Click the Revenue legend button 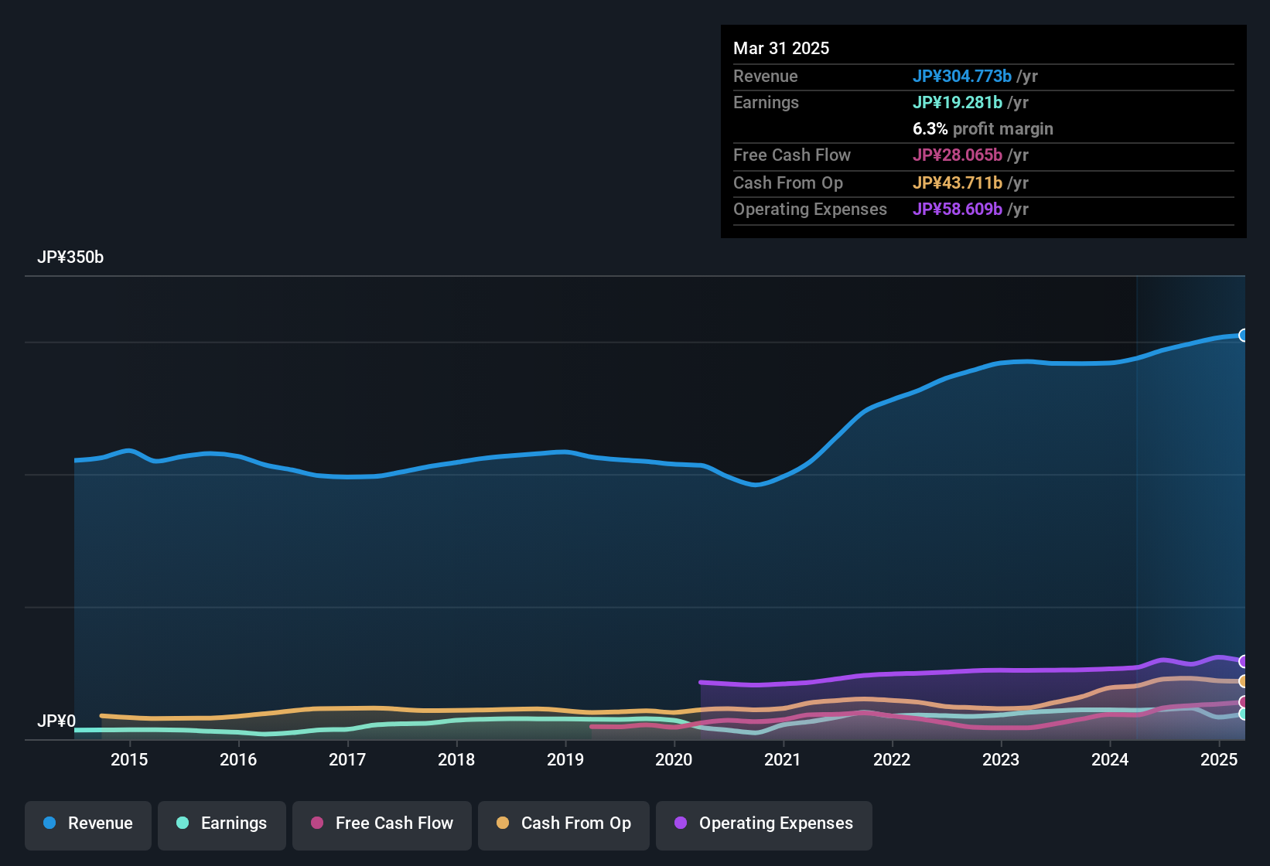click(88, 823)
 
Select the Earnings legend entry click(222, 823)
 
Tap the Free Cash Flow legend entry click(382, 823)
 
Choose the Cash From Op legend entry click(564, 823)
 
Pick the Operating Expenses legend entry click(763, 823)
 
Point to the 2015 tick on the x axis click(129, 759)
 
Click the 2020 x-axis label click(674, 759)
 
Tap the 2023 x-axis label click(1001, 759)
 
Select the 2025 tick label click(1219, 759)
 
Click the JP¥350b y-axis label click(70, 257)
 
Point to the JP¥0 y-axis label click(56, 721)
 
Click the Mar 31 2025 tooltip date click(781, 49)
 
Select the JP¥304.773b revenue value click(961, 77)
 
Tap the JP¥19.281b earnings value click(957, 103)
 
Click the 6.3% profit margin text click(982, 129)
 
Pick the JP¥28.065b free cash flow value click(957, 155)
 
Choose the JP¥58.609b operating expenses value click(957, 210)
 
